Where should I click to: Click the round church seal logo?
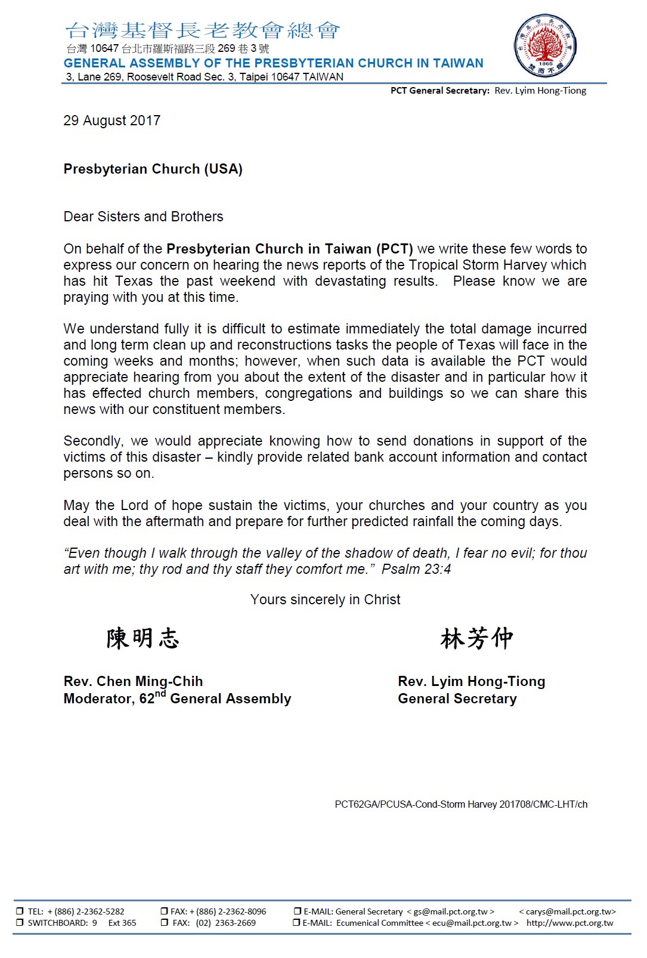pos(545,46)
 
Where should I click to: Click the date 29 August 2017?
pos(112,120)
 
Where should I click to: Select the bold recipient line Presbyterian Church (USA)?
pos(153,169)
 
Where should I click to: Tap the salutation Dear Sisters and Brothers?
pos(143,217)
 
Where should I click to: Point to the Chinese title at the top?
pos(203,30)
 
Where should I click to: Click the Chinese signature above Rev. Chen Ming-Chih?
pos(143,638)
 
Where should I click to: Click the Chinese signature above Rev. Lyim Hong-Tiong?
pos(476,638)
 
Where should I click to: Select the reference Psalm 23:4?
pos(416,569)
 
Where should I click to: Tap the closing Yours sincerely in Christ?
pos(325,599)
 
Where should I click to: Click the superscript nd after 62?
pos(160,694)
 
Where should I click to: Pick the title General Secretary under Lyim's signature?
pos(457,699)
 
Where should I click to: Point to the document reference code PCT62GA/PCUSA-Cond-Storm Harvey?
pos(461,804)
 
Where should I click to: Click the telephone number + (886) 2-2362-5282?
pos(86,911)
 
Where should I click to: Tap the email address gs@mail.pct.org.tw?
pos(450,911)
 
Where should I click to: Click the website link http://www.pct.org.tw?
pos(569,923)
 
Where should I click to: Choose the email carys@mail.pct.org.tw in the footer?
pos(567,911)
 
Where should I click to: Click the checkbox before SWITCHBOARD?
pos(20,923)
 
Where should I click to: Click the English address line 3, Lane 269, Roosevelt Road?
pos(205,77)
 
